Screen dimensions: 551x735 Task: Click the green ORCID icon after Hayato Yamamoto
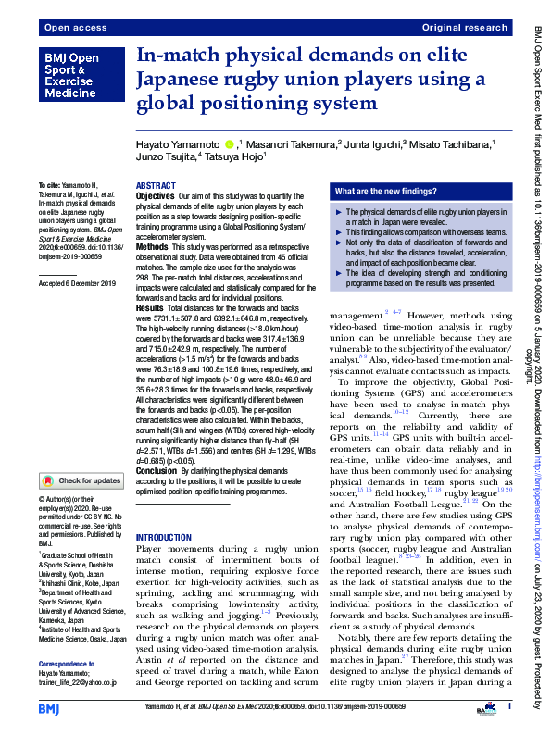point(230,144)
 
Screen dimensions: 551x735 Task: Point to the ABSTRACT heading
point(155,186)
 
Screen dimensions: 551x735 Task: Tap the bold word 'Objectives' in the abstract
point(155,197)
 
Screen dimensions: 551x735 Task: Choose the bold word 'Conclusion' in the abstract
point(157,470)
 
